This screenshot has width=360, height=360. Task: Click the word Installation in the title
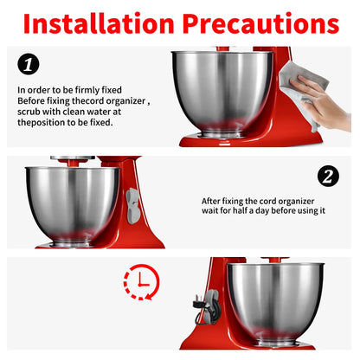click(99, 23)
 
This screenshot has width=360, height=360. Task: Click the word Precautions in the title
click(260, 23)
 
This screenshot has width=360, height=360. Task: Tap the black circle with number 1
click(29, 64)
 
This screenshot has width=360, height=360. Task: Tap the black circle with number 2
click(328, 176)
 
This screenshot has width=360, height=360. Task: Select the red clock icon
click(141, 282)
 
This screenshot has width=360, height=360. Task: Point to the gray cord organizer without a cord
click(132, 206)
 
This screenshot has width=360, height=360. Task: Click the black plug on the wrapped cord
click(198, 303)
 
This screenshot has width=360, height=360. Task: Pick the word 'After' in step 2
click(209, 201)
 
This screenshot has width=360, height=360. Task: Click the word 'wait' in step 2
click(209, 211)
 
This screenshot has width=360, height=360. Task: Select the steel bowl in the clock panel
click(276, 304)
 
